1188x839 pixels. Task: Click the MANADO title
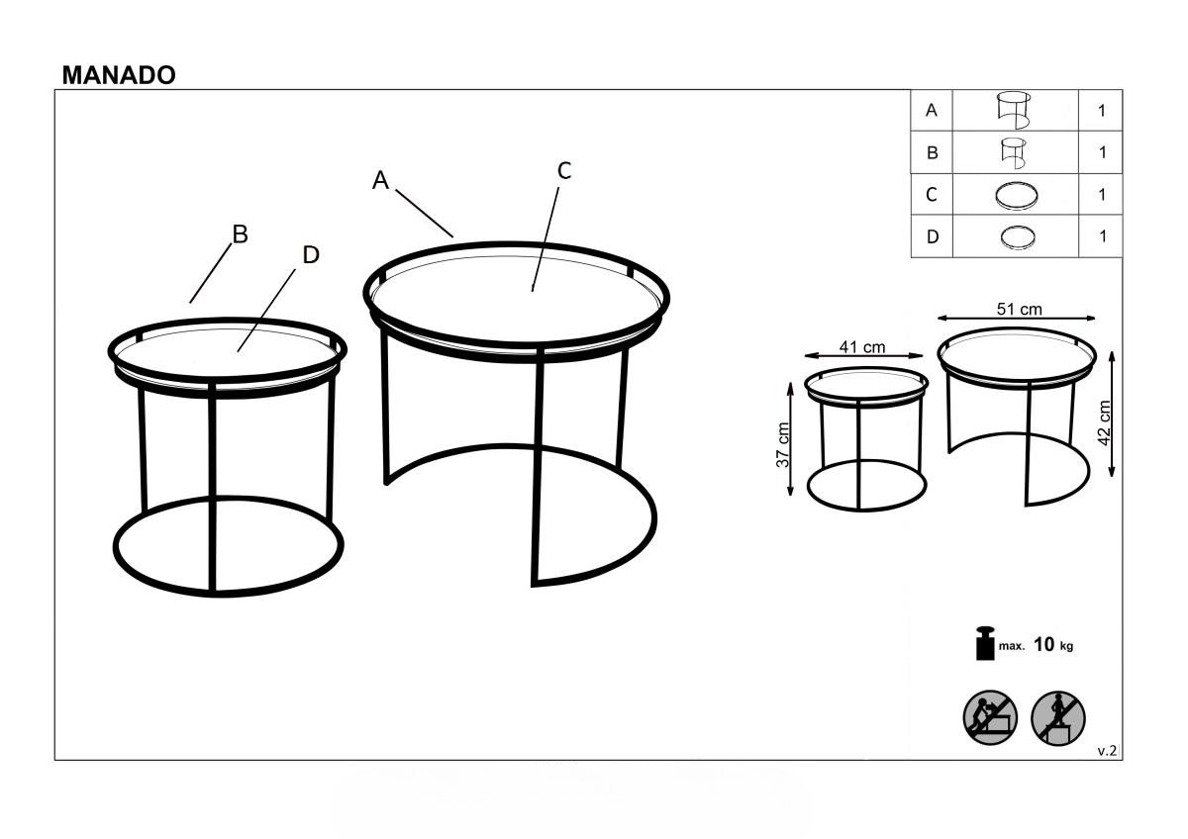[x=119, y=76]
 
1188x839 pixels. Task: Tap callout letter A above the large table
[x=380, y=181]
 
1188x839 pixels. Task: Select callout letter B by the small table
[x=241, y=234]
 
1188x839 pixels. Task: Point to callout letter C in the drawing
[x=564, y=170]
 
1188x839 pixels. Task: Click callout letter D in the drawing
[x=311, y=255]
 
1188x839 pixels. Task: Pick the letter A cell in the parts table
[x=932, y=110]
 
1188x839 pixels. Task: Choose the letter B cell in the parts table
[x=932, y=152]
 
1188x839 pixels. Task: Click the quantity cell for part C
[x=1102, y=195]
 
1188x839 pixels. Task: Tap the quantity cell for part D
[x=1102, y=236]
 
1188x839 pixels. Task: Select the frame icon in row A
[x=1014, y=110]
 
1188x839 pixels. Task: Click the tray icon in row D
[x=1018, y=236]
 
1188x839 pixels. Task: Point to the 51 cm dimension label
[x=1020, y=309]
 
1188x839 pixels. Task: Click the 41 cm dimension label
[x=862, y=347]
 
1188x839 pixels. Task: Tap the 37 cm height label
[x=783, y=444]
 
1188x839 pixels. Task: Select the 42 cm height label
[x=1103, y=422]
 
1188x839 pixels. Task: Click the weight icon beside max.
[x=985, y=643]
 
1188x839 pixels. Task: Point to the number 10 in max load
[x=1044, y=644]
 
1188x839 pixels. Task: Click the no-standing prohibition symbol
[x=1058, y=717]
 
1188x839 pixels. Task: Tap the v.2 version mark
[x=1107, y=751]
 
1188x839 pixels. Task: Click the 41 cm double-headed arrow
[x=864, y=355]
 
